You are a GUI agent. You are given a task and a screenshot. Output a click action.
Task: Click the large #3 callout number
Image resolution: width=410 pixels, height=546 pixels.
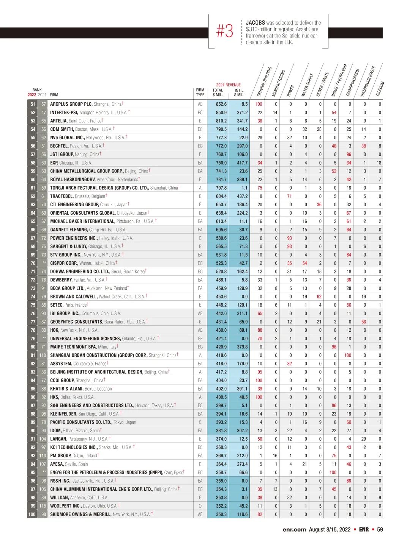[225, 31]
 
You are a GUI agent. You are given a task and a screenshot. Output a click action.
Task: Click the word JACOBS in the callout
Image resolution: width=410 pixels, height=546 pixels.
[255, 23]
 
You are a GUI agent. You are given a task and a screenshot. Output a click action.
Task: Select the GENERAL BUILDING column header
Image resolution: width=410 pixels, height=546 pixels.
[265, 82]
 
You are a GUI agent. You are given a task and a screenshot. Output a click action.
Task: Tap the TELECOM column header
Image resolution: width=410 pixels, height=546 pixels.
[380, 89]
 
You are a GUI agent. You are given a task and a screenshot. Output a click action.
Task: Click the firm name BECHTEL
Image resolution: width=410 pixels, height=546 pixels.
[59, 146]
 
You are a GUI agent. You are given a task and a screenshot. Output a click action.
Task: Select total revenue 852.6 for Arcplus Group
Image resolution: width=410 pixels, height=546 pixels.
[221, 104]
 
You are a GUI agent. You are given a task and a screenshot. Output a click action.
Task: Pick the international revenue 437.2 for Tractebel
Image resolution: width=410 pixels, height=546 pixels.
[242, 196]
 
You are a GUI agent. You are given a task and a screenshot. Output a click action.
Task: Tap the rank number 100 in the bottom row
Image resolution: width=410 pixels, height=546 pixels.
[32, 515]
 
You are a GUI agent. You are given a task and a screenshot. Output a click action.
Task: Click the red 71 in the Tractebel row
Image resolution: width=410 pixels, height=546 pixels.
[289, 196]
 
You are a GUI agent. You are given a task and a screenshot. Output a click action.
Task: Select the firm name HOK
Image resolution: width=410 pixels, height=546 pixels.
[55, 330]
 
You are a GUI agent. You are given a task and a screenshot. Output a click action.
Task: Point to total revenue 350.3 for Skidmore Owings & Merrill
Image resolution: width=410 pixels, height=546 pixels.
[221, 515]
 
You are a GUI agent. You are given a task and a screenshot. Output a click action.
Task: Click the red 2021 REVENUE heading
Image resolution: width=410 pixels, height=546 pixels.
[229, 85]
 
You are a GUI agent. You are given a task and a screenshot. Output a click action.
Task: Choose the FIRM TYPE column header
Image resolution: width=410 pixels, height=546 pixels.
[200, 93]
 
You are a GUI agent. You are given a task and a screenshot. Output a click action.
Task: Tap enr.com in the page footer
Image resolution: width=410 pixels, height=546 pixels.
[294, 529]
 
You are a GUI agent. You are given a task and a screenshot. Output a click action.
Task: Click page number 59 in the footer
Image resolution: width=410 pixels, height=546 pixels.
[380, 529]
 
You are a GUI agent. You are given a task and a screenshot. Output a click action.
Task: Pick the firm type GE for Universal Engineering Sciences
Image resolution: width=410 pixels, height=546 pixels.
[200, 339]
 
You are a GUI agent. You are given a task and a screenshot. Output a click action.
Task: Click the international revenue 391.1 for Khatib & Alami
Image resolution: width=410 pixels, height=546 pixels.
[242, 389]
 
